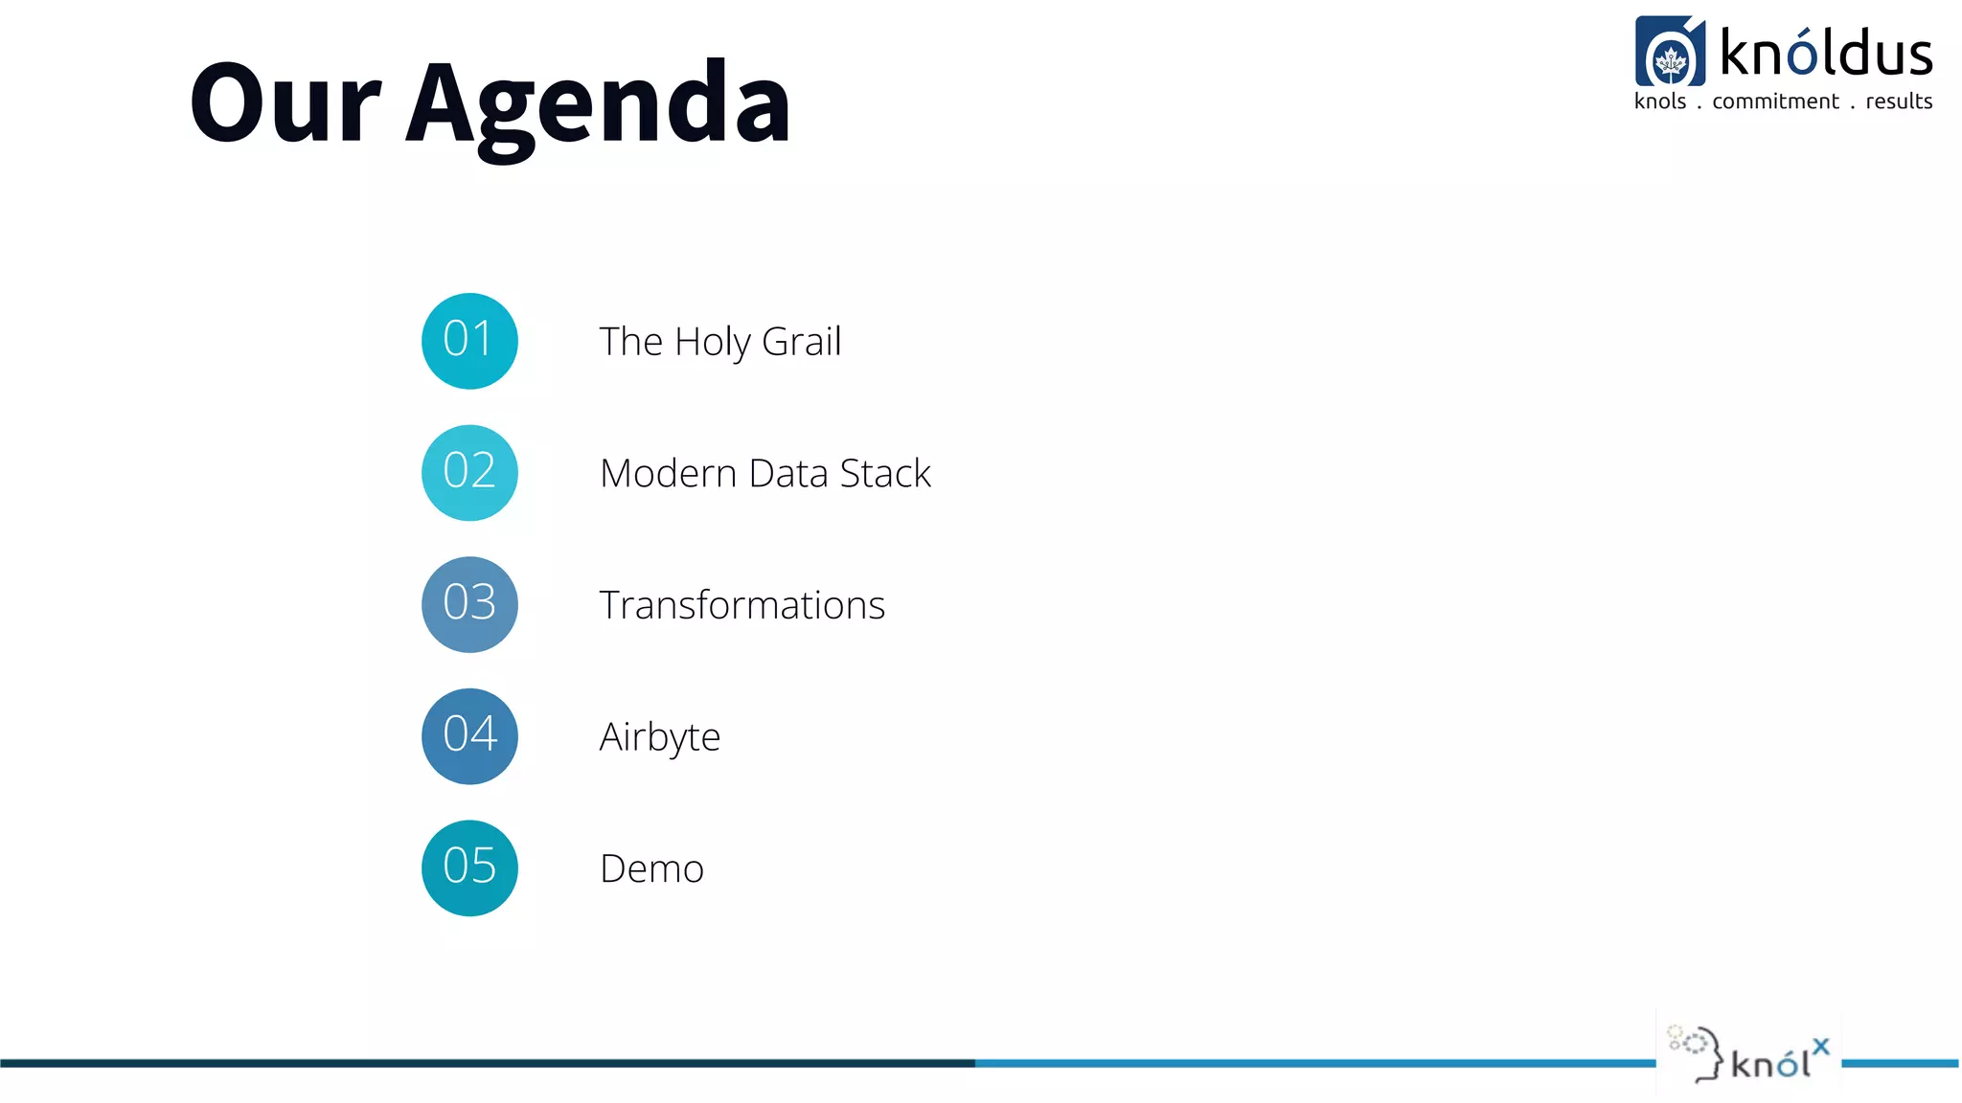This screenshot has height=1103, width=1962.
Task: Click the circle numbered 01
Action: [469, 341]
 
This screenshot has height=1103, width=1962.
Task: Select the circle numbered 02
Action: [469, 473]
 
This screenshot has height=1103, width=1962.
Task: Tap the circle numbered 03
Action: [469, 604]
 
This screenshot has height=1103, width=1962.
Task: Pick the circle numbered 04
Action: [469, 736]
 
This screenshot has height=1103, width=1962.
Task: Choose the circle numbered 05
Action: [469, 867]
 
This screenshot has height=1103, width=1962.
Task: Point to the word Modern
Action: [668, 473]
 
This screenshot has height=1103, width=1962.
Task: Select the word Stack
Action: [885, 473]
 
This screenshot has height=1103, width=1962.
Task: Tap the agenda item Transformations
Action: [741, 605]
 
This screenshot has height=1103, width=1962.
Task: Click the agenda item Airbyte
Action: [659, 737]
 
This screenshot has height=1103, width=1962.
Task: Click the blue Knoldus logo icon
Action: [1670, 52]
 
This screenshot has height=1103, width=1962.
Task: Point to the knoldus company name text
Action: [1826, 53]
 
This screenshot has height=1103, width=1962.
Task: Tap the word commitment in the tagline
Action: [1775, 101]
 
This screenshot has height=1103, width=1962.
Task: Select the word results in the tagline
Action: [1899, 101]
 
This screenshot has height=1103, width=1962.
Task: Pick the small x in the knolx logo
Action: [1821, 1047]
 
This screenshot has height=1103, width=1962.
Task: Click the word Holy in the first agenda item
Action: [712, 342]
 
